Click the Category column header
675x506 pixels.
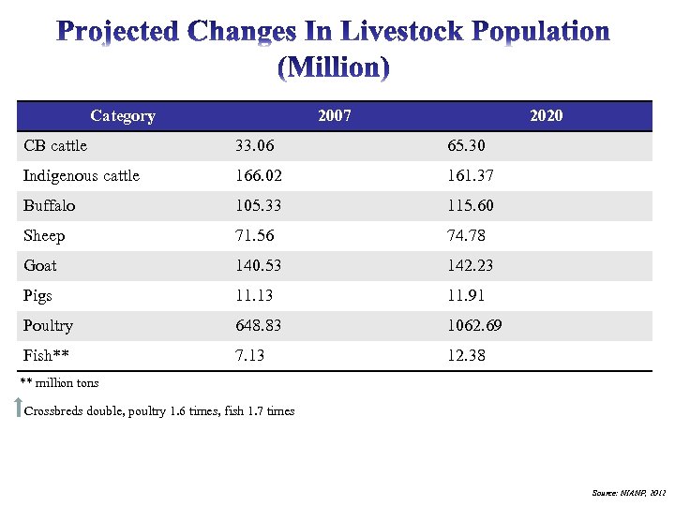[x=123, y=116]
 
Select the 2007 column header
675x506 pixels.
[x=335, y=116]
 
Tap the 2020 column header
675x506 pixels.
[x=546, y=116]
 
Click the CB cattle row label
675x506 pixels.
[x=55, y=146]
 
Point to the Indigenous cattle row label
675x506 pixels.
[x=82, y=176]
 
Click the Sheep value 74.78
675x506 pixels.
[x=466, y=236]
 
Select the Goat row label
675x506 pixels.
[x=40, y=266]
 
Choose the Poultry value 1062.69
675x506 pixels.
[x=473, y=326]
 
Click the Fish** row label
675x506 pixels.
[x=46, y=356]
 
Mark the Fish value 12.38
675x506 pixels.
[x=466, y=356]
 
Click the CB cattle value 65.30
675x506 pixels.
[x=466, y=146]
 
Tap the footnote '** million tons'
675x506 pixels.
[x=59, y=382]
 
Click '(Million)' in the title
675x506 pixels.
[x=335, y=67]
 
